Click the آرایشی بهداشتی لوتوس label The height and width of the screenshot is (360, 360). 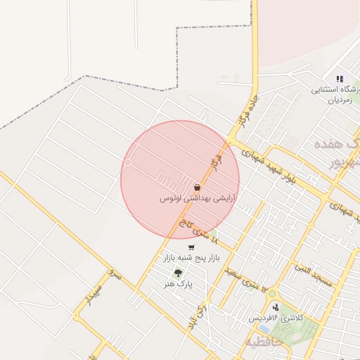[x=196, y=199]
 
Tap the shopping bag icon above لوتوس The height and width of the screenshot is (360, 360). [x=197, y=188]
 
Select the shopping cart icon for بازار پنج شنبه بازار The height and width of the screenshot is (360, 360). [x=191, y=247]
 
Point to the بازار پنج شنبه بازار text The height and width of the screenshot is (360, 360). [x=192, y=258]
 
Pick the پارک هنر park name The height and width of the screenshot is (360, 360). [x=180, y=283]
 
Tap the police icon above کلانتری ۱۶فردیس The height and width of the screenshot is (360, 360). [x=276, y=307]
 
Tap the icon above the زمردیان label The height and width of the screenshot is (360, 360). [x=340, y=79]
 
